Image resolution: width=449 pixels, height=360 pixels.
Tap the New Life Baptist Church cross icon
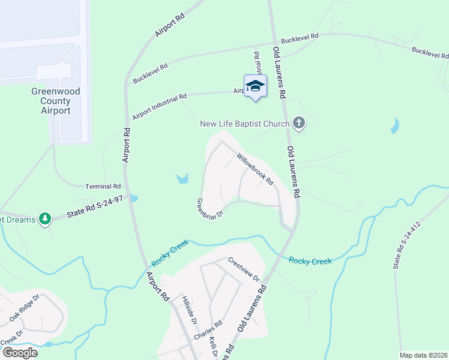pos(299,124)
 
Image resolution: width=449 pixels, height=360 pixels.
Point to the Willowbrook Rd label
pos(255,169)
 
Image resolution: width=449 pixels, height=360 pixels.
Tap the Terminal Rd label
pos(103,187)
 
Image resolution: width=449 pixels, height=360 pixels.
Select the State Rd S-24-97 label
pos(94,208)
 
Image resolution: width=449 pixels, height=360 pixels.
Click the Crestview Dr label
pos(244,270)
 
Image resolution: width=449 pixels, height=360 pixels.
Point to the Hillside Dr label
pos(190,310)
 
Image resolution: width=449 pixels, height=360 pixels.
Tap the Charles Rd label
pos(208,331)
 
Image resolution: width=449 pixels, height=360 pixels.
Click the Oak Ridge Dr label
pos(25,306)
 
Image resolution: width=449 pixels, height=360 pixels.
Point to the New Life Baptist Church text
pos(245,124)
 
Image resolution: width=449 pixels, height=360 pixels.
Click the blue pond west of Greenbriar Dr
pos(182,178)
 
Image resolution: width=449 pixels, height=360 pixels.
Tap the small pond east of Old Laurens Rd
pos(394,126)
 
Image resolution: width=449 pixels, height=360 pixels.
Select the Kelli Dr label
pos(213,346)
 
